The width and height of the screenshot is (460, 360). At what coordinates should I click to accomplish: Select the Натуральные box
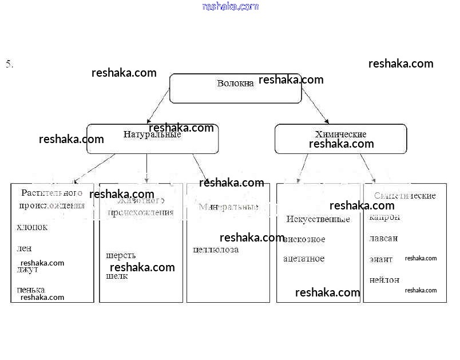152,139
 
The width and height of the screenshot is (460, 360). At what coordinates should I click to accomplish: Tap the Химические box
340,139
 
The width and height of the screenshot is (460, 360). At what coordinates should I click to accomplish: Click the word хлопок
32,227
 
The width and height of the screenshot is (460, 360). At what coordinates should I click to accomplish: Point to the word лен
24,248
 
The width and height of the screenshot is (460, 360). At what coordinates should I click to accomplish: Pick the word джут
27,270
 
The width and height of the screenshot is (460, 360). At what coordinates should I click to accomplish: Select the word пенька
31,290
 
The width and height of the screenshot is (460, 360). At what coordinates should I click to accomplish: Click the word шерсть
121,255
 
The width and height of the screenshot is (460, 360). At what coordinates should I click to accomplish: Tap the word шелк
117,276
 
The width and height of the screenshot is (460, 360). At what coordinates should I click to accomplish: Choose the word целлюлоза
216,250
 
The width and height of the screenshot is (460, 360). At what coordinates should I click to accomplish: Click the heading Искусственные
318,219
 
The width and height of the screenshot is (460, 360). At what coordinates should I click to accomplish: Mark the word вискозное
304,239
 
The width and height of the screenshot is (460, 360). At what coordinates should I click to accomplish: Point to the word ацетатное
304,259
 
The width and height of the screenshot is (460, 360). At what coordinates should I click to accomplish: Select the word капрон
384,217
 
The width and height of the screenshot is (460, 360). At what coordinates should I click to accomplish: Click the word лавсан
383,238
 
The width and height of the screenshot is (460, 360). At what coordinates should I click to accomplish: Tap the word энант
381,259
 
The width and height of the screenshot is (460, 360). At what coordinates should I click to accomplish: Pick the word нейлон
384,280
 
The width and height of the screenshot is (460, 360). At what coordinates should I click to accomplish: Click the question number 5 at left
9,64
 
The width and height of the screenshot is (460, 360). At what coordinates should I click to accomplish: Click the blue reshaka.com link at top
230,6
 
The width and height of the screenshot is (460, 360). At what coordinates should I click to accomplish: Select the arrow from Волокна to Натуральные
158,106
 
